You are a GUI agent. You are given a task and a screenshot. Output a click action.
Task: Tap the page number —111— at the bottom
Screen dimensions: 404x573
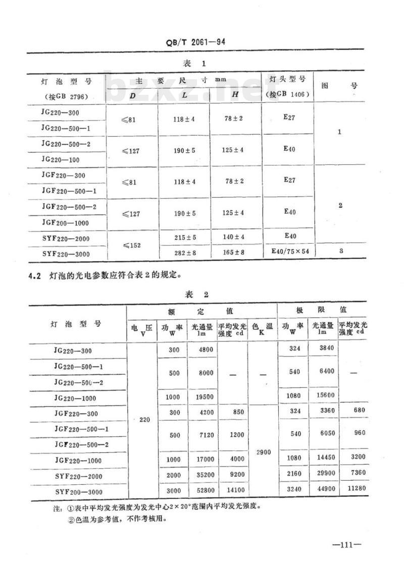[345, 545]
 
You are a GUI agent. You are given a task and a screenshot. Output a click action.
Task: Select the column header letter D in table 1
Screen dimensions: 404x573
[132, 95]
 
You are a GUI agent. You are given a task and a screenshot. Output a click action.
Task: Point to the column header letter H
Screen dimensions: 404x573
[235, 94]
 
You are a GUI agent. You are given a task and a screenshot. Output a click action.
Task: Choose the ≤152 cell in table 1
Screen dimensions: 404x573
[132, 244]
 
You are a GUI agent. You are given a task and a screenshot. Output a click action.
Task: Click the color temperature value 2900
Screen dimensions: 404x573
[263, 452]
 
